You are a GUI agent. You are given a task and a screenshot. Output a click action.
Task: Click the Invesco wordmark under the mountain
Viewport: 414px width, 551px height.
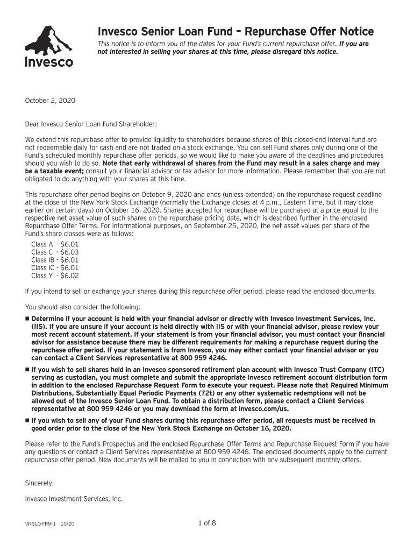click(x=49, y=62)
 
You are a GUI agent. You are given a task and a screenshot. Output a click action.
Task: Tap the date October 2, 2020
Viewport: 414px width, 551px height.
click(x=50, y=101)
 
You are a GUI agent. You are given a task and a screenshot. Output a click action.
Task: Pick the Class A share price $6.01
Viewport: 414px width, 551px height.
click(x=69, y=244)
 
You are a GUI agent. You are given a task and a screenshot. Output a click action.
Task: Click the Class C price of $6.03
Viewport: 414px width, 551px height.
click(x=69, y=252)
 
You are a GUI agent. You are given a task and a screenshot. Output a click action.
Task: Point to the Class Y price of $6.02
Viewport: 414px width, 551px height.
click(x=69, y=275)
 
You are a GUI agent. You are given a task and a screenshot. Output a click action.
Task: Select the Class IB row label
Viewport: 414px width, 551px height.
click(x=42, y=260)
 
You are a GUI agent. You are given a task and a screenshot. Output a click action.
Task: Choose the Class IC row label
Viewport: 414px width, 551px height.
click(x=42, y=267)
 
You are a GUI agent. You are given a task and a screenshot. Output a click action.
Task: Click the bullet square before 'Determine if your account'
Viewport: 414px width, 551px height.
click(x=27, y=319)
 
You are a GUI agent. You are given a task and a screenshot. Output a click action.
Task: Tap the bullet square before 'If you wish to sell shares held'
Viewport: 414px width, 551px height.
click(x=27, y=370)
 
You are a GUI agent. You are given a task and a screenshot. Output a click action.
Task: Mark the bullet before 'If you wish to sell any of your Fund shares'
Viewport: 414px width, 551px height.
click(x=27, y=421)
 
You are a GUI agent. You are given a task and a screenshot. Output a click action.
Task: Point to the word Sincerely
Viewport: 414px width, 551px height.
click(x=39, y=483)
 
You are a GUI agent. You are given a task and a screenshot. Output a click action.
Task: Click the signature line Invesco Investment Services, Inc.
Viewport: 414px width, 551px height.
click(x=74, y=499)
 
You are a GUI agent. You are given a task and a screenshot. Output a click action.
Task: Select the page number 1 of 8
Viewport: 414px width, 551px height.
click(x=206, y=522)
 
